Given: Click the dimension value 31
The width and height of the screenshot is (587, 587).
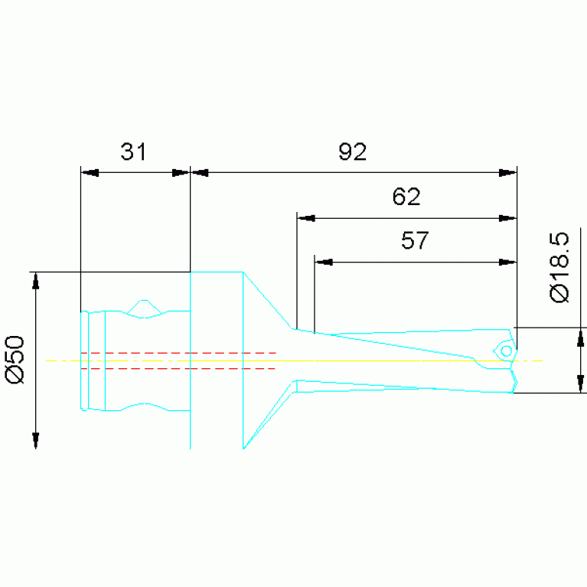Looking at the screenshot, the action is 133,152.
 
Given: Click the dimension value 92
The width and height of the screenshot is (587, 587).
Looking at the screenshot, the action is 353,152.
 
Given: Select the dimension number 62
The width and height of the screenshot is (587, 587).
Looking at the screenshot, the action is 406,196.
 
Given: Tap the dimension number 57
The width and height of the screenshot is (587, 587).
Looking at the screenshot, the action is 415,240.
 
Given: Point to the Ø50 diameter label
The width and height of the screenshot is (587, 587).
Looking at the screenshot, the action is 15,360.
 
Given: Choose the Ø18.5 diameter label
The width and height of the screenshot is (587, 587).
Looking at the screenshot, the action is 559,267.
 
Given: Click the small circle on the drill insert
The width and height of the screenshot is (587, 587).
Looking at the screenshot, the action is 506,351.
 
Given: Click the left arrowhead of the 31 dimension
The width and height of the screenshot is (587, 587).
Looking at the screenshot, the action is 90,173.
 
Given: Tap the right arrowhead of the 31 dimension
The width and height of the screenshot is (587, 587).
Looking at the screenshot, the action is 181,173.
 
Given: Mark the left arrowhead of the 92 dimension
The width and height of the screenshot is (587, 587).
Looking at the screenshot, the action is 200,173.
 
